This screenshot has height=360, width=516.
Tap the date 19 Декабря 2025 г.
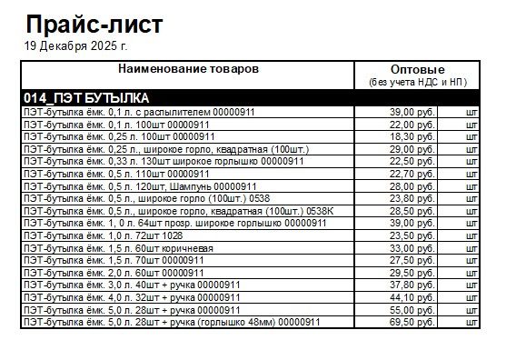click(x=76, y=45)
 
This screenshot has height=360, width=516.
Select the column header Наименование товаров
click(x=188, y=69)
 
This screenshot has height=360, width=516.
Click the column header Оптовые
click(x=416, y=70)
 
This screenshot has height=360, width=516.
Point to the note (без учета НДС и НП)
click(x=416, y=83)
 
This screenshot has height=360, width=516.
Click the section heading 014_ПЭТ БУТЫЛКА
click(x=86, y=97)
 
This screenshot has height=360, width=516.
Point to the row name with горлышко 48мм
click(x=172, y=322)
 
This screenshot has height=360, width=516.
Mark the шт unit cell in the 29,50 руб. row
click(x=471, y=273)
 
